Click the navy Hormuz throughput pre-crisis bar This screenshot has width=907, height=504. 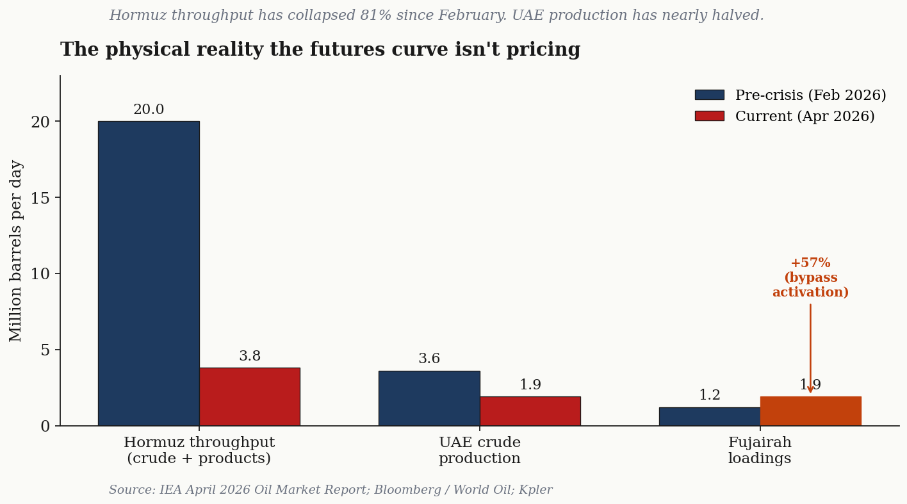click(x=149, y=273)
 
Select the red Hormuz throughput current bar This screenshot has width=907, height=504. click(x=249, y=396)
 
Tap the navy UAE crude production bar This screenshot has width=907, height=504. click(x=429, y=398)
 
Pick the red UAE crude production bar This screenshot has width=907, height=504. click(x=530, y=411)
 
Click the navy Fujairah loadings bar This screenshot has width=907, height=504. click(x=710, y=416)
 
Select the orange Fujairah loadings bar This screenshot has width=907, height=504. click(x=810, y=411)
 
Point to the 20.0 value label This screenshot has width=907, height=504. click(x=149, y=110)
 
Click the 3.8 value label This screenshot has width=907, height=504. click(x=250, y=357)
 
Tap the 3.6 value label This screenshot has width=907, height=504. click(x=429, y=359)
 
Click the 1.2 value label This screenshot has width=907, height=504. click(x=710, y=396)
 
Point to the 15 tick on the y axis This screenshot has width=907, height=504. click(x=40, y=198)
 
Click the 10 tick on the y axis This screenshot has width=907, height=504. click(x=40, y=274)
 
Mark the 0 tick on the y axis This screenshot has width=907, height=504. click(x=45, y=427)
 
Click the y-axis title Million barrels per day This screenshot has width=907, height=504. click(x=17, y=250)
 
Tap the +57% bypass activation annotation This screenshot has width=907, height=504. click(x=810, y=278)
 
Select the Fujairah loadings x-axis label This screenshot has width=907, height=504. click(x=760, y=451)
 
